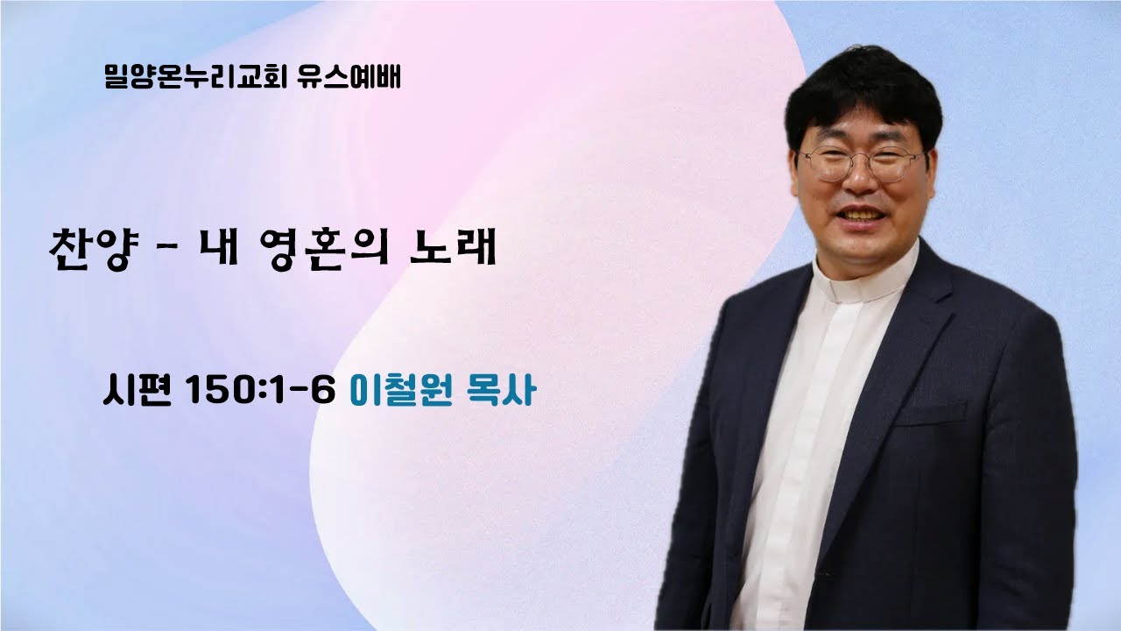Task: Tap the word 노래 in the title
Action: tap(453, 249)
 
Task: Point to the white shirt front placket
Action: tap(814, 438)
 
